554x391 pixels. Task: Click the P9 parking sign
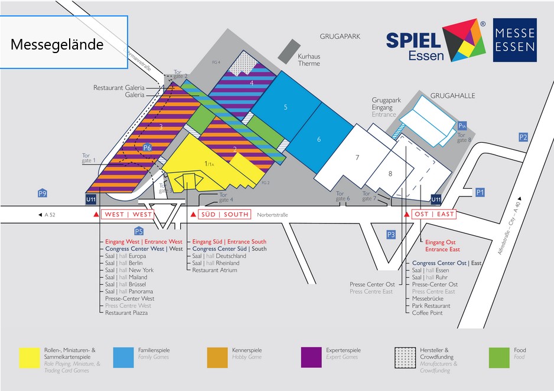(x=42, y=193)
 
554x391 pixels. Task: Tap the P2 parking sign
(x=523, y=137)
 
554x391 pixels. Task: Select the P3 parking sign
(x=391, y=235)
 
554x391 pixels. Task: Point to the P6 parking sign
(x=148, y=147)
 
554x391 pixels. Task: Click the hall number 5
(x=285, y=107)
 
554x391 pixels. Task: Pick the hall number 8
(x=390, y=173)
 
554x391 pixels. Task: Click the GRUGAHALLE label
(x=453, y=96)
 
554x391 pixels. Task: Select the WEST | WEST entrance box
(x=128, y=214)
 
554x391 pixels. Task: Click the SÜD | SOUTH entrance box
(x=224, y=214)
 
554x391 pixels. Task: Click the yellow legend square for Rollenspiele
(x=29, y=358)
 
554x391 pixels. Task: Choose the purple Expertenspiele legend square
(x=311, y=358)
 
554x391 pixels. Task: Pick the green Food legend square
(x=500, y=358)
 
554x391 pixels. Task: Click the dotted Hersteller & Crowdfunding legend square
(x=405, y=358)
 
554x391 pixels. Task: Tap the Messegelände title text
(x=57, y=45)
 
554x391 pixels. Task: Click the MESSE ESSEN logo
(x=515, y=40)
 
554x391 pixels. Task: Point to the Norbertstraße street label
(x=273, y=215)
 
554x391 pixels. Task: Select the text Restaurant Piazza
(x=126, y=313)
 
